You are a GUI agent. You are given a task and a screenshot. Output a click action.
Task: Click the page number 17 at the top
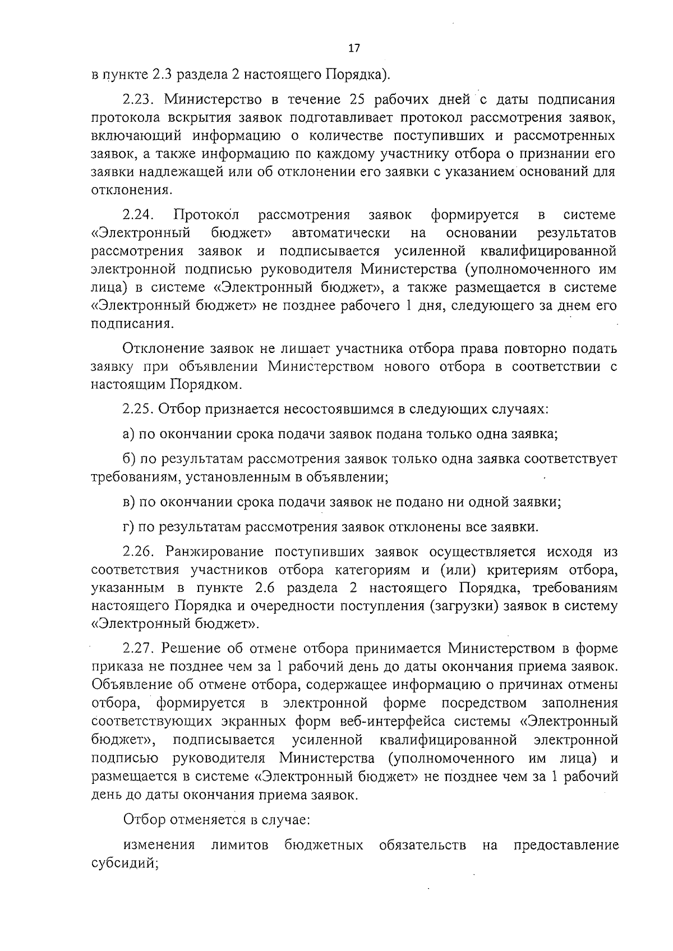pyautogui.click(x=353, y=48)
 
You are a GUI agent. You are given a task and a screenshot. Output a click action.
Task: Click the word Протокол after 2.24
pyautogui.click(x=206, y=214)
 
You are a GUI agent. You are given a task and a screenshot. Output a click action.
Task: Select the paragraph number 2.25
pyautogui.click(x=139, y=408)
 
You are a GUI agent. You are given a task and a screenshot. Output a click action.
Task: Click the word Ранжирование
pyautogui.click(x=213, y=552)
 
